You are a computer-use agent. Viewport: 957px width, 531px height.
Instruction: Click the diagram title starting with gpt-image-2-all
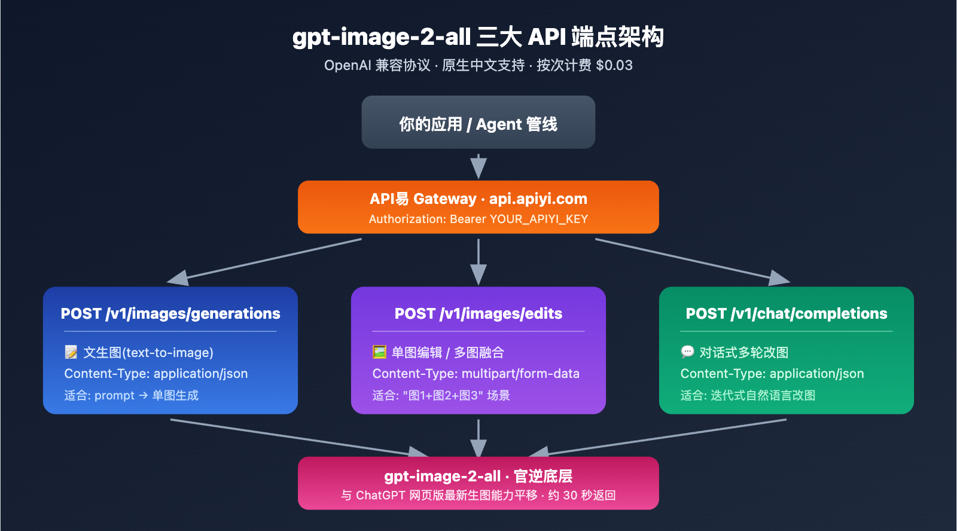pos(478,37)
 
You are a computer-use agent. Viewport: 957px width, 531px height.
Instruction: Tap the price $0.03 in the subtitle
pos(614,65)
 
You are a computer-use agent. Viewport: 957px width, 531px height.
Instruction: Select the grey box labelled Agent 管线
pos(478,123)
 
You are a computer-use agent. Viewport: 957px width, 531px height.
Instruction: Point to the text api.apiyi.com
pos(538,199)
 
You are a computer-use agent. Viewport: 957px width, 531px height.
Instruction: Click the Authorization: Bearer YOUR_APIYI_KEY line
pos(478,219)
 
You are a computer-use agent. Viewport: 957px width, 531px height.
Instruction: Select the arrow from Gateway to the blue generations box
pos(263,260)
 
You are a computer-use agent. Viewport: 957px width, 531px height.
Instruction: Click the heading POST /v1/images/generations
pos(170,313)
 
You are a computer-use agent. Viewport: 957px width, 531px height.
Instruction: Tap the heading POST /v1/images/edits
pos(478,313)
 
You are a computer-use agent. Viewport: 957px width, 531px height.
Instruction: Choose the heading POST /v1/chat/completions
pos(786,313)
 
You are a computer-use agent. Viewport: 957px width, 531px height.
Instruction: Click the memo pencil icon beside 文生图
pos(71,352)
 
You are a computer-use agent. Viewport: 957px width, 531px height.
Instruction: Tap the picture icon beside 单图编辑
pos(379,352)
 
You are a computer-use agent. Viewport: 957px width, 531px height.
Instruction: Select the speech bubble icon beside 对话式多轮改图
pos(687,352)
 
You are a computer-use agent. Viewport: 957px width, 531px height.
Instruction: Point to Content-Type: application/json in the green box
pos(772,374)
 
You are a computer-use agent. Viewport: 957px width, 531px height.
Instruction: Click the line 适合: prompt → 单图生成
pos(131,395)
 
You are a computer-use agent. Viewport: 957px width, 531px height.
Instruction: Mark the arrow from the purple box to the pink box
pos(478,438)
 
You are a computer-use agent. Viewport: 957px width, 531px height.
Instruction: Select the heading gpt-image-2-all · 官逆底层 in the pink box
pos(478,476)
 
